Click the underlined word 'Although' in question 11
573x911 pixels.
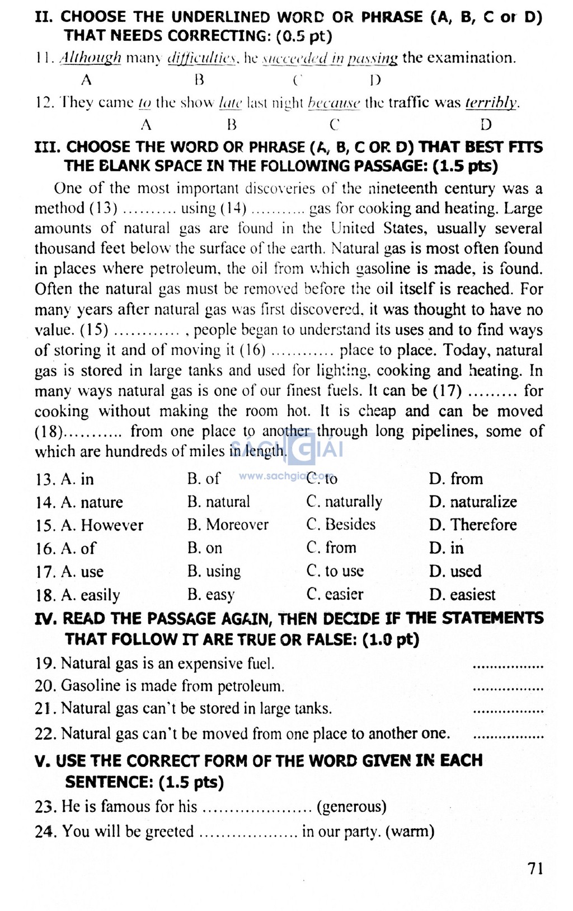pos(90,58)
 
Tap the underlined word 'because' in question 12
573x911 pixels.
pos(334,103)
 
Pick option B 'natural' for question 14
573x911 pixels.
pos(219,502)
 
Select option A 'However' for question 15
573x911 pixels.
pos(102,525)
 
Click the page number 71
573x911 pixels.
pos(535,868)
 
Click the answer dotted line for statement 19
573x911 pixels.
pos(508,667)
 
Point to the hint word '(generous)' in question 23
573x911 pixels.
pos(351,807)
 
